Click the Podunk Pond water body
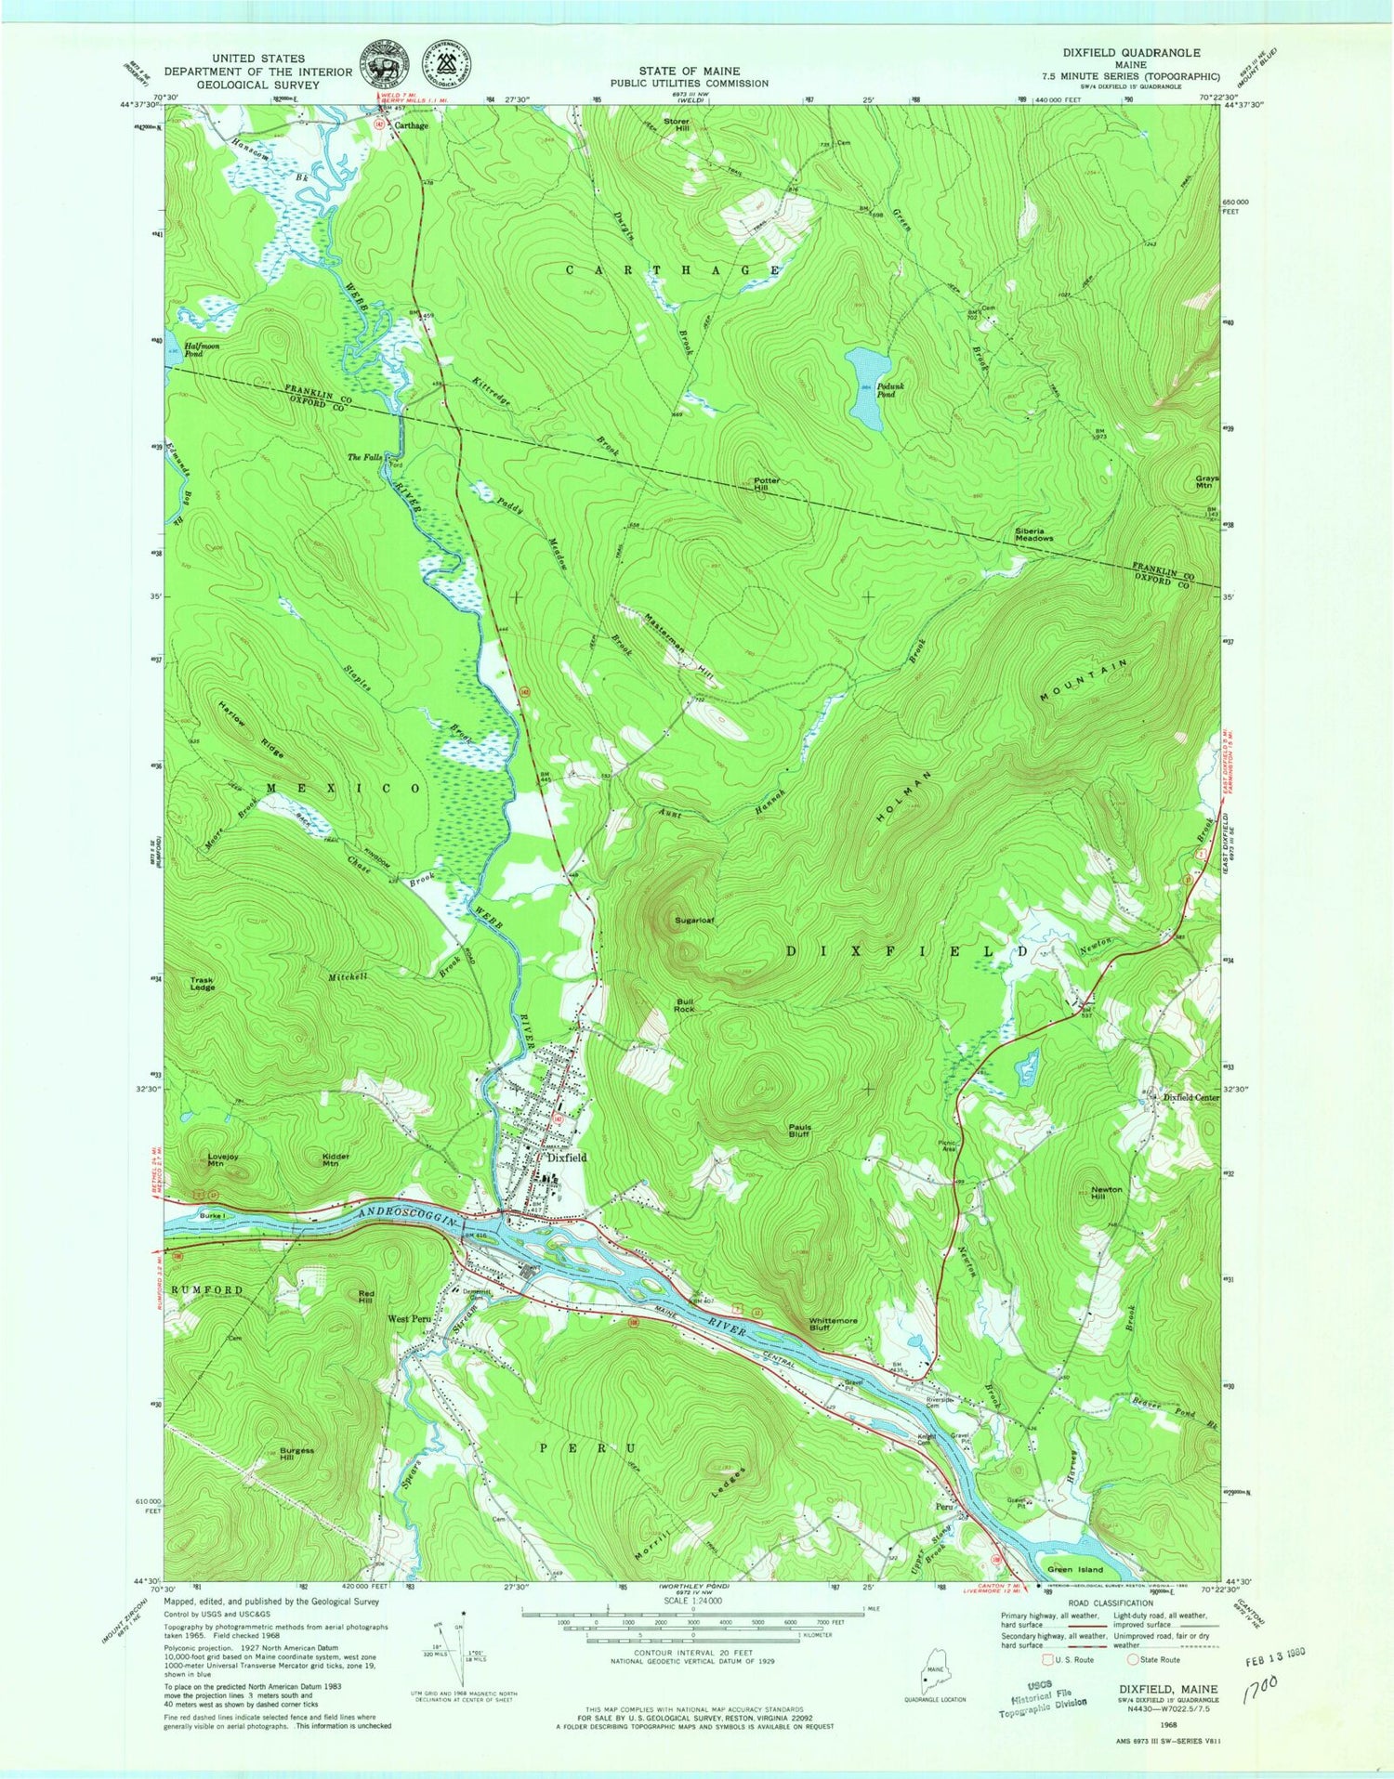[x=868, y=387]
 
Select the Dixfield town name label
[x=567, y=1158]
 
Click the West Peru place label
[x=410, y=1319]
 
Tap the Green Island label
[x=1075, y=1569]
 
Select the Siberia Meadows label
[x=1033, y=534]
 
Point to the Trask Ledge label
[x=203, y=984]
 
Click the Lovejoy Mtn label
[x=217, y=1159]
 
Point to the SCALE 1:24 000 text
[x=692, y=1602]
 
